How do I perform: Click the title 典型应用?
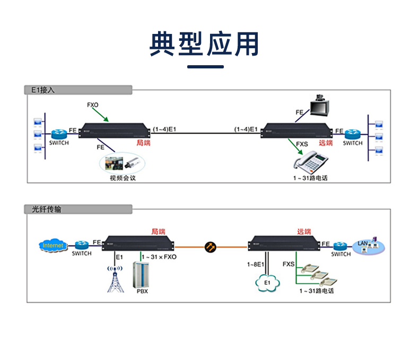click(x=205, y=44)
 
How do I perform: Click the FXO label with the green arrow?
click(x=93, y=105)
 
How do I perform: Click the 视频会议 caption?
click(x=123, y=178)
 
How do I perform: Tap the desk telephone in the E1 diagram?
click(x=312, y=160)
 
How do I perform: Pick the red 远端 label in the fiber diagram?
click(x=304, y=232)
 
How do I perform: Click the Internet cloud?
click(x=53, y=245)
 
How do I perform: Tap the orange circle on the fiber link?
click(x=210, y=246)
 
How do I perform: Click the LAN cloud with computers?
click(x=367, y=245)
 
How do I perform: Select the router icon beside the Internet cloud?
click(x=82, y=245)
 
